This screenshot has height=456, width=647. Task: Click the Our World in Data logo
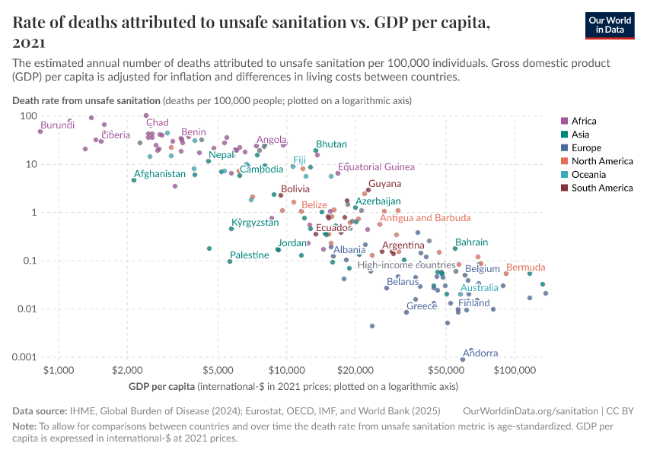point(610,24)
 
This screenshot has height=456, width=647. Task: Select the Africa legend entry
point(584,121)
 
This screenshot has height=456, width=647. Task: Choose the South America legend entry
point(602,188)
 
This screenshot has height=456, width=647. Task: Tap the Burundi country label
point(58,125)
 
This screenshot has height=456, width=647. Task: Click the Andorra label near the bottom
point(480,353)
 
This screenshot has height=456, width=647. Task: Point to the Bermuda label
point(525,268)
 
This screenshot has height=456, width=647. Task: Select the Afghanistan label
point(160,174)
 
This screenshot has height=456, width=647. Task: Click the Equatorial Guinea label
point(377,167)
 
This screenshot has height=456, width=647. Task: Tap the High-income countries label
point(406,265)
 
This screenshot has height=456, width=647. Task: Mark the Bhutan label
point(331,144)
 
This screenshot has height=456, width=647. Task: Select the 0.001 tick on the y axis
point(25,357)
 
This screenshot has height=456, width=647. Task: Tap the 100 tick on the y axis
point(29,116)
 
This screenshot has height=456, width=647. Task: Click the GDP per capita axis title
point(161,387)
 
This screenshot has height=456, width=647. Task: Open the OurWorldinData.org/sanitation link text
point(531,410)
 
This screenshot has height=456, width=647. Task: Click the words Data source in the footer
point(40,410)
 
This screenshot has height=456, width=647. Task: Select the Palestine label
point(250,255)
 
